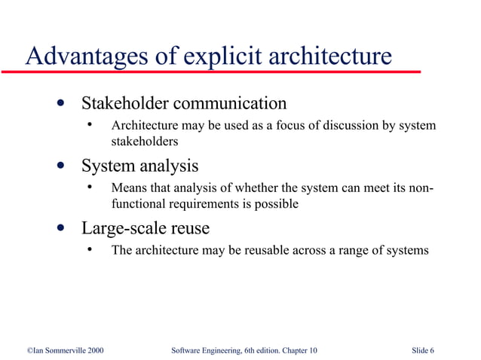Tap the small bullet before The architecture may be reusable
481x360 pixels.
(89, 250)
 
